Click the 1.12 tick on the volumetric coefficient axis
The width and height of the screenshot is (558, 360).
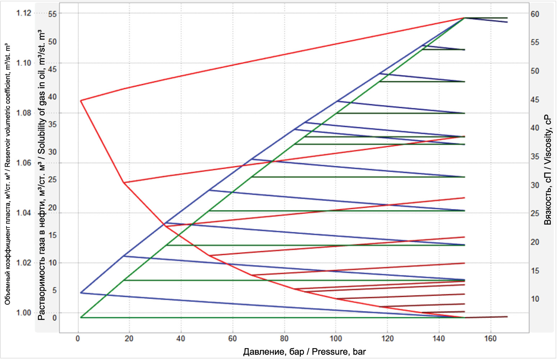24,13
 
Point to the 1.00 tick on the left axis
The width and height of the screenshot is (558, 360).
24,313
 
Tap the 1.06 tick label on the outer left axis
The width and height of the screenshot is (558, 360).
24,163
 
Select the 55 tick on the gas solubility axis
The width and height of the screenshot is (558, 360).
52,14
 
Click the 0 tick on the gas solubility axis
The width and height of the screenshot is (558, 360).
54,318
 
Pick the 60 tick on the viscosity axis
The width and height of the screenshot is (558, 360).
535,14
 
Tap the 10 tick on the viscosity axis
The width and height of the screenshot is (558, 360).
535,299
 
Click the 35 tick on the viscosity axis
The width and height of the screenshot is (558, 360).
535,157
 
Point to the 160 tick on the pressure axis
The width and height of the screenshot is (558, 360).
490,338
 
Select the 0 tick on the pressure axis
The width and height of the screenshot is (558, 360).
78,338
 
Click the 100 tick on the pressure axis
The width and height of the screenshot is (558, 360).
336,338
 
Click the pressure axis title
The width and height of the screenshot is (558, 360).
304,352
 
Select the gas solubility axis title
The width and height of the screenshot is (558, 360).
42,175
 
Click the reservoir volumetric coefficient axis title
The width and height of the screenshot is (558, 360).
8,175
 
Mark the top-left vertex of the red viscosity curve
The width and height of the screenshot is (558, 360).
81,101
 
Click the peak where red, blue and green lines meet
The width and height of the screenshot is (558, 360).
465,18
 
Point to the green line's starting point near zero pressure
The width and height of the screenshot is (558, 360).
81,317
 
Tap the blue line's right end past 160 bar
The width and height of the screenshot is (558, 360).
507,22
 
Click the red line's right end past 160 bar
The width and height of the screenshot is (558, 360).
507,317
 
